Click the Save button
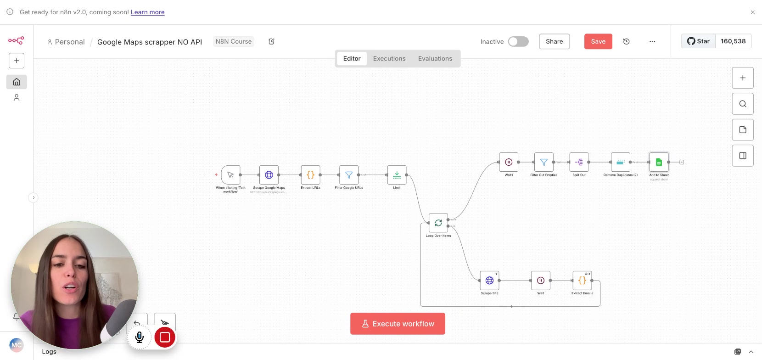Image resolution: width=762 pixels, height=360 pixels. pyautogui.click(x=598, y=41)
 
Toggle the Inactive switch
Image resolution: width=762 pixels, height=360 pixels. pyautogui.click(x=518, y=41)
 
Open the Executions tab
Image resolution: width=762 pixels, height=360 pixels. pyautogui.click(x=389, y=58)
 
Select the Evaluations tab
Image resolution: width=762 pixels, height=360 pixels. pyautogui.click(x=435, y=58)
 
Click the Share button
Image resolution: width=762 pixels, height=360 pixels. pyautogui.click(x=554, y=41)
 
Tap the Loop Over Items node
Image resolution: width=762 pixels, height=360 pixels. pyautogui.click(x=438, y=223)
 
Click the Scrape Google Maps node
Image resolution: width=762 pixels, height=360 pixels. pyautogui.click(x=269, y=175)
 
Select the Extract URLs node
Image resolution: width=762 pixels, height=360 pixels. pyautogui.click(x=310, y=175)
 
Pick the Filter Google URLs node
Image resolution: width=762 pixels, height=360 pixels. pyautogui.click(x=349, y=175)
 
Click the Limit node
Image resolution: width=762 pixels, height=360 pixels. pyautogui.click(x=397, y=175)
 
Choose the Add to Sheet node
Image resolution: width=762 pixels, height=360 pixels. pyautogui.click(x=659, y=162)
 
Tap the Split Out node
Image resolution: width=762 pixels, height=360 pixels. pyautogui.click(x=579, y=162)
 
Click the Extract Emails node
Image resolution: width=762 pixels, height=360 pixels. pyautogui.click(x=582, y=280)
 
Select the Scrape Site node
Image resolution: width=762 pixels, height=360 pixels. pyautogui.click(x=489, y=280)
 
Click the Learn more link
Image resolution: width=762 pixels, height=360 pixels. pyautogui.click(x=147, y=12)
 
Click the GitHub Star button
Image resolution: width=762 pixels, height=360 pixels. pyautogui.click(x=698, y=41)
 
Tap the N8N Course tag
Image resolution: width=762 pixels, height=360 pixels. pyautogui.click(x=233, y=41)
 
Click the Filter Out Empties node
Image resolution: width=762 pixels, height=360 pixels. pyautogui.click(x=543, y=162)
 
